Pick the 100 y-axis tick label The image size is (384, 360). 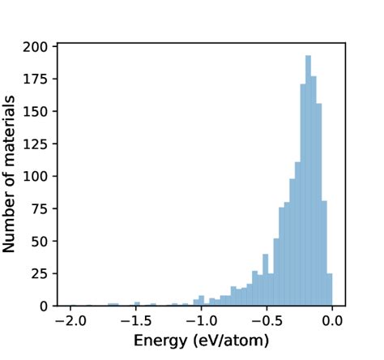pos(40,176)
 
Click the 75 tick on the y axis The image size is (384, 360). pos(43,208)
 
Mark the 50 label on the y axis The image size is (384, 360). pos(43,241)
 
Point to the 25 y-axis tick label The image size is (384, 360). pos(43,273)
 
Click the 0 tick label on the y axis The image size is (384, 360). pos(46,306)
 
